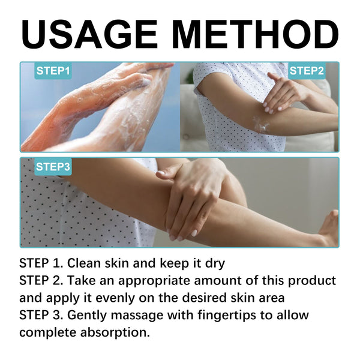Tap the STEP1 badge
pyautogui.click(x=53, y=71)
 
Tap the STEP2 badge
pyautogui.click(x=307, y=71)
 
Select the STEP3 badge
pyautogui.click(x=53, y=166)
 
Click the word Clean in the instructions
pyautogui.click(x=86, y=263)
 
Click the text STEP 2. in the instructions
pyautogui.click(x=41, y=280)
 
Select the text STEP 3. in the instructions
pyautogui.click(x=41, y=315)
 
